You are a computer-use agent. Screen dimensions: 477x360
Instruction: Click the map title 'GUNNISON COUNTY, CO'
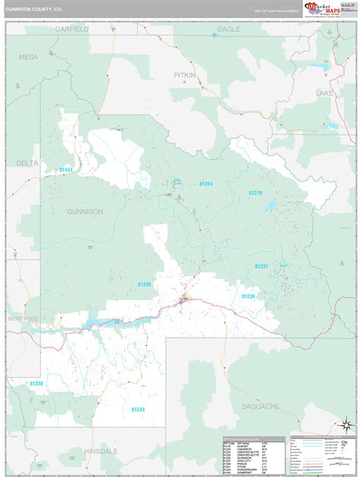pyautogui.click(x=33, y=11)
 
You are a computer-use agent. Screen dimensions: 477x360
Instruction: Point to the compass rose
pyautogui.click(x=346, y=427)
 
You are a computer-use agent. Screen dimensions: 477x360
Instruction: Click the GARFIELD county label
pyautogui.click(x=72, y=28)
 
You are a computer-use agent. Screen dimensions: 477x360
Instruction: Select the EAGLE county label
pyautogui.click(x=229, y=28)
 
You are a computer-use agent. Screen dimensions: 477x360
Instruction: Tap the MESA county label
pyautogui.click(x=28, y=57)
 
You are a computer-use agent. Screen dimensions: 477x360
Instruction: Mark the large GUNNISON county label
pyautogui.click(x=84, y=211)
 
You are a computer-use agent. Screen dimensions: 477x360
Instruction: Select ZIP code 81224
pyautogui.click(x=206, y=184)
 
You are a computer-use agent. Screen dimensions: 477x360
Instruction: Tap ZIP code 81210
pyautogui.click(x=254, y=193)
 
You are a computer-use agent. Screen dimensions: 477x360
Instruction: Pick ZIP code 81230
pyautogui.click(x=144, y=284)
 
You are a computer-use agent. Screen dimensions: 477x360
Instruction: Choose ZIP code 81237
pyautogui.click(x=261, y=266)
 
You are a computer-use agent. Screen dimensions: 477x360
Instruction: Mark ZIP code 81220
pyautogui.click(x=36, y=384)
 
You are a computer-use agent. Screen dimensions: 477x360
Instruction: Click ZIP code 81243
pyautogui.click(x=137, y=409)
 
